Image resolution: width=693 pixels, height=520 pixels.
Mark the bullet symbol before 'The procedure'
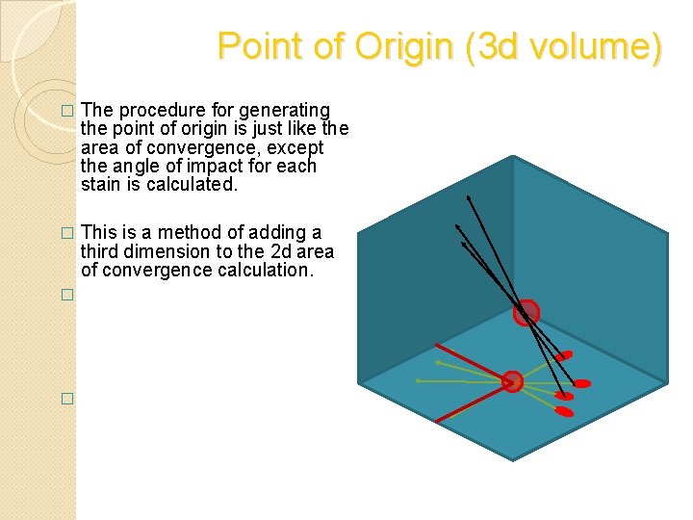pos(66,112)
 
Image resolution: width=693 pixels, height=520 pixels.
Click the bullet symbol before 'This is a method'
pos(66,234)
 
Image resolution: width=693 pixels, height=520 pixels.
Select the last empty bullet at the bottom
pos(66,399)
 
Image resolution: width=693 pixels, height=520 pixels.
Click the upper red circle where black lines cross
pos(526,312)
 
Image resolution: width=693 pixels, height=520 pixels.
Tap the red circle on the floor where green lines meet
pos(513,381)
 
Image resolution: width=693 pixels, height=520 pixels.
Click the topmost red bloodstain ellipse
pos(564,356)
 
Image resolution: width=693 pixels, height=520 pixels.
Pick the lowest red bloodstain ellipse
pos(565,412)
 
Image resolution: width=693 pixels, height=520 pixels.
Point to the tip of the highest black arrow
pos(469,196)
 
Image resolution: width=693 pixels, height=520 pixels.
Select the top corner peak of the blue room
pos(513,157)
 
